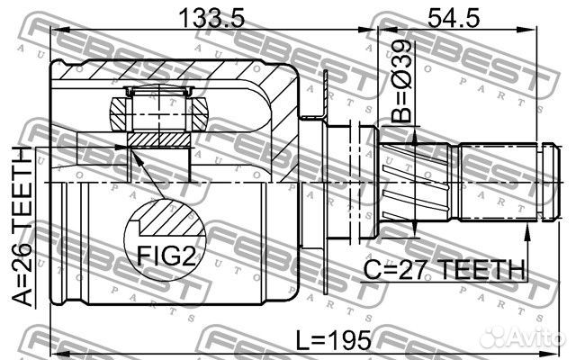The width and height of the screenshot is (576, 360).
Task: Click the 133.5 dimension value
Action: point(211,18)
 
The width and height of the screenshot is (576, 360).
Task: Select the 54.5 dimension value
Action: point(454,18)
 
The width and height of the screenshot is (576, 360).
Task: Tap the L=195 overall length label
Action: point(334,340)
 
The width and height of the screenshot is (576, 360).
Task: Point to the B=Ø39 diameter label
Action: point(402,81)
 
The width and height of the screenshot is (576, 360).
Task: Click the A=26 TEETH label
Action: point(22,227)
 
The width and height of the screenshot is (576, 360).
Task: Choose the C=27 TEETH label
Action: point(444,269)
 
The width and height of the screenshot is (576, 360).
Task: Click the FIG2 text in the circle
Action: point(166,255)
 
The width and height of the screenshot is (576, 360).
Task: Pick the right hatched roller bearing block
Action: point(200,113)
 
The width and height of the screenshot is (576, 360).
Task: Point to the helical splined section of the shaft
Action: point(414,182)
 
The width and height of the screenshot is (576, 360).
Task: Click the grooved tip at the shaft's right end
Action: point(552,182)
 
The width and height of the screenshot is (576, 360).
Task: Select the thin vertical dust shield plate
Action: point(326,182)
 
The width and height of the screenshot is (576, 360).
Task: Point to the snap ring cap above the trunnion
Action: point(158,91)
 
